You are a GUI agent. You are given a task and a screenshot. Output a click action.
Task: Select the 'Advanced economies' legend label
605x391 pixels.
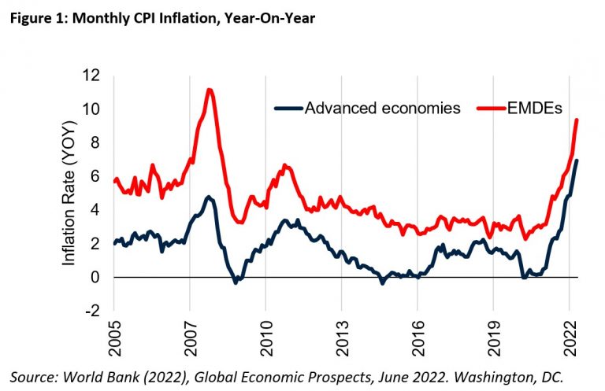click(381, 109)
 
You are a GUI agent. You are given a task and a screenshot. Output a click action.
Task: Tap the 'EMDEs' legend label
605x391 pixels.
click(534, 109)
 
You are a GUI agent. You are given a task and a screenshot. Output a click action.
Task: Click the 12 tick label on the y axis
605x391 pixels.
click(93, 76)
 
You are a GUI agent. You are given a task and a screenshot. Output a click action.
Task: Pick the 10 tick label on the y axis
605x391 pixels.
click(93, 109)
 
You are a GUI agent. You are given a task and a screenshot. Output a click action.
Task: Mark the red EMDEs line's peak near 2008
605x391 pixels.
click(209, 90)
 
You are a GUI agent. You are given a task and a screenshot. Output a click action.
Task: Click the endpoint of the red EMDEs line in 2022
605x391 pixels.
click(577, 120)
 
